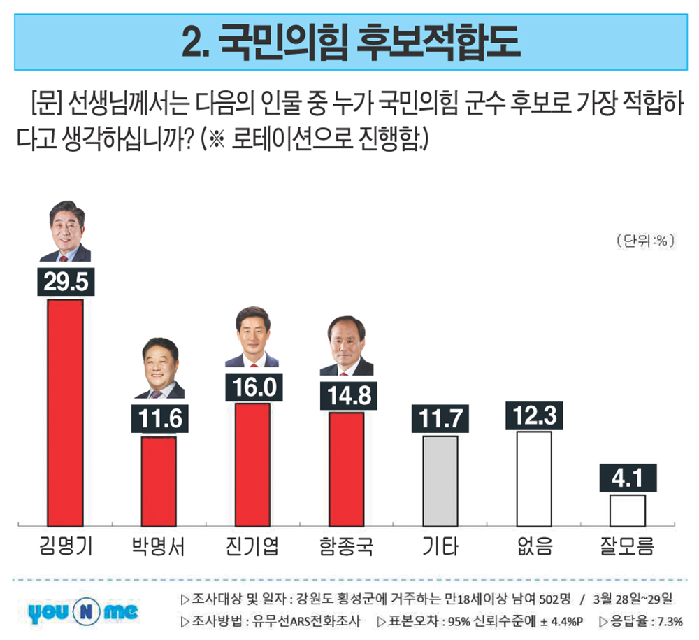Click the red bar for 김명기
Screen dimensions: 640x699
(x=65, y=412)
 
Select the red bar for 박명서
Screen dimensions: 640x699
(x=159, y=481)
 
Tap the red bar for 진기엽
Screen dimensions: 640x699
(x=252, y=464)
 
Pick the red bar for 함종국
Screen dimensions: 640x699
(x=346, y=469)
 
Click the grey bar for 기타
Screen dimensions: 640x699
(x=440, y=481)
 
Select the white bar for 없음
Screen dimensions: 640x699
(x=534, y=478)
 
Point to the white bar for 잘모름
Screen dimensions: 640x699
(x=627, y=510)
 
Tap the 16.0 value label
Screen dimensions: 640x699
(x=254, y=387)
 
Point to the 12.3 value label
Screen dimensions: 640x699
(x=534, y=415)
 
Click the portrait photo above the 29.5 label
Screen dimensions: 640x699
(x=65, y=230)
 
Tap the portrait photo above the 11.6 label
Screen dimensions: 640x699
(x=159, y=369)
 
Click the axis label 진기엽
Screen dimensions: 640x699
(x=253, y=546)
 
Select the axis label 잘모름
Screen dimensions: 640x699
(x=627, y=546)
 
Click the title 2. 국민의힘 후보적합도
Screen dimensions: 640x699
(x=349, y=41)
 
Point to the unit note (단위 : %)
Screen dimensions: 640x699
(x=645, y=240)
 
